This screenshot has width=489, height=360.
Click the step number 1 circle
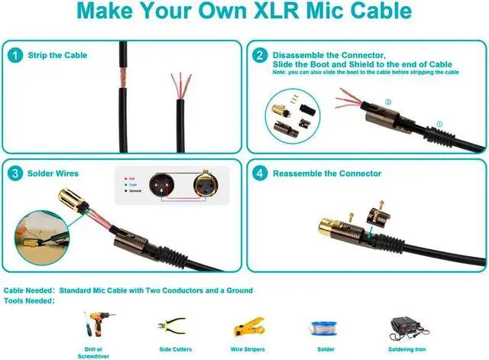(x=15, y=55)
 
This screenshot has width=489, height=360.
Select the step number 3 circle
(x=15, y=174)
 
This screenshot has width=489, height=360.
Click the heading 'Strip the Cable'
(x=57, y=55)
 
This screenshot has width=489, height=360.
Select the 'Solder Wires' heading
(x=53, y=174)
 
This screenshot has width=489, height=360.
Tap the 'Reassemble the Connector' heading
(x=328, y=174)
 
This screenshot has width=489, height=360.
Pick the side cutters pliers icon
(x=171, y=326)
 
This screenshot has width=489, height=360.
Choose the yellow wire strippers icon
(x=246, y=325)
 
